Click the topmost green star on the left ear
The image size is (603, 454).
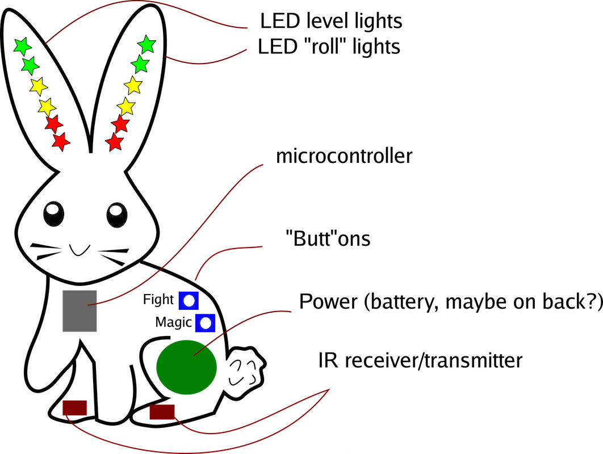[22, 46]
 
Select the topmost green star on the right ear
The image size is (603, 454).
[146, 44]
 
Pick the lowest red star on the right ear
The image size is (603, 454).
[115, 142]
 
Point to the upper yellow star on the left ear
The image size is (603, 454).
[38, 86]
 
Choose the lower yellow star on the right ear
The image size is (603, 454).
[126, 106]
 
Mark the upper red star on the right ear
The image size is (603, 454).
[120, 124]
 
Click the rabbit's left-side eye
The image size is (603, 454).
[53, 215]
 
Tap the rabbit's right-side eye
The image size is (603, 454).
[116, 215]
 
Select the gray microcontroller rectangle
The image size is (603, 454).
[79, 310]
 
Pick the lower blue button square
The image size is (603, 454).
[205, 323]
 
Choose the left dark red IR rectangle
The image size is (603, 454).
[74, 407]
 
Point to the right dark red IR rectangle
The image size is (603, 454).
[162, 411]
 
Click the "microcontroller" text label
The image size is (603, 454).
[344, 156]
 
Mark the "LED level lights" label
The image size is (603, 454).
[331, 22]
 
